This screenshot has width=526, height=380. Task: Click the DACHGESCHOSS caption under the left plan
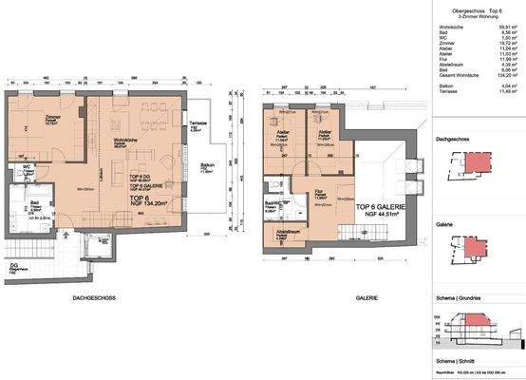click(x=94, y=297)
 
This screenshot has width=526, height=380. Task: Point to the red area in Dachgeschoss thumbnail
click(x=475, y=162)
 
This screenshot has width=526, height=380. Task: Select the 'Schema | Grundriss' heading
click(x=458, y=297)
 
